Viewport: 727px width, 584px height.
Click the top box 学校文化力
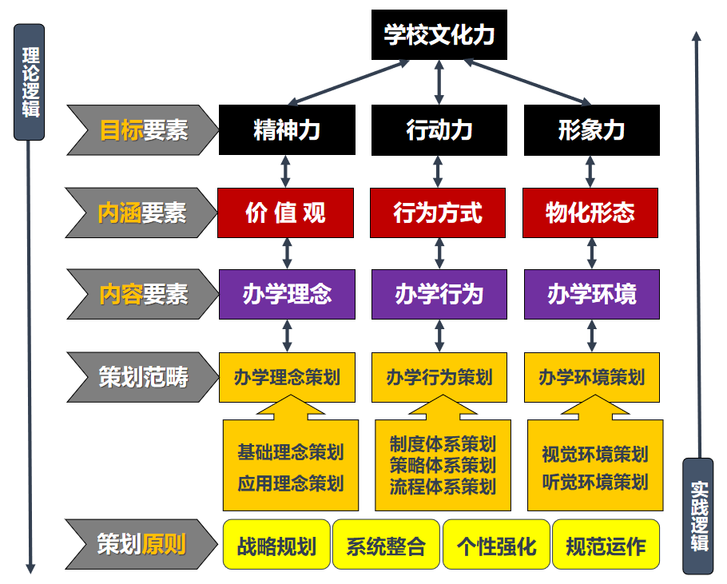439,36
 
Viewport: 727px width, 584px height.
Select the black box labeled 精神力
287,129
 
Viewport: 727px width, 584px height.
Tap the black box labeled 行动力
439,129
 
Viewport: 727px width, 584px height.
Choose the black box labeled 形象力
591,129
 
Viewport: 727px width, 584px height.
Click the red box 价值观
286,213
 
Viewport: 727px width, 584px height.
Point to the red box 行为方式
438,213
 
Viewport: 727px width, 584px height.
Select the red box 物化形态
590,213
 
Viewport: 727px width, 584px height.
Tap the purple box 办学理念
287,294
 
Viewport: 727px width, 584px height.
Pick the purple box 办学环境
591,294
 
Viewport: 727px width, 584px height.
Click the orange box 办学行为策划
439,377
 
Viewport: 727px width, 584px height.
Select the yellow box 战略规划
276,546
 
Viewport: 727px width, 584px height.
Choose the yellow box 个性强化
496,546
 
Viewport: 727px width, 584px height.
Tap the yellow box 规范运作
606,546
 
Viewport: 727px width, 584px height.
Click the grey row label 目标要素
142,129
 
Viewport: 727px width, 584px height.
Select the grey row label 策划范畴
142,377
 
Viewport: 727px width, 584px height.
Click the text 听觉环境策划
595,483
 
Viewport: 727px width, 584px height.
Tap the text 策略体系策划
443,465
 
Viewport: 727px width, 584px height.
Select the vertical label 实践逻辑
699,516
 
